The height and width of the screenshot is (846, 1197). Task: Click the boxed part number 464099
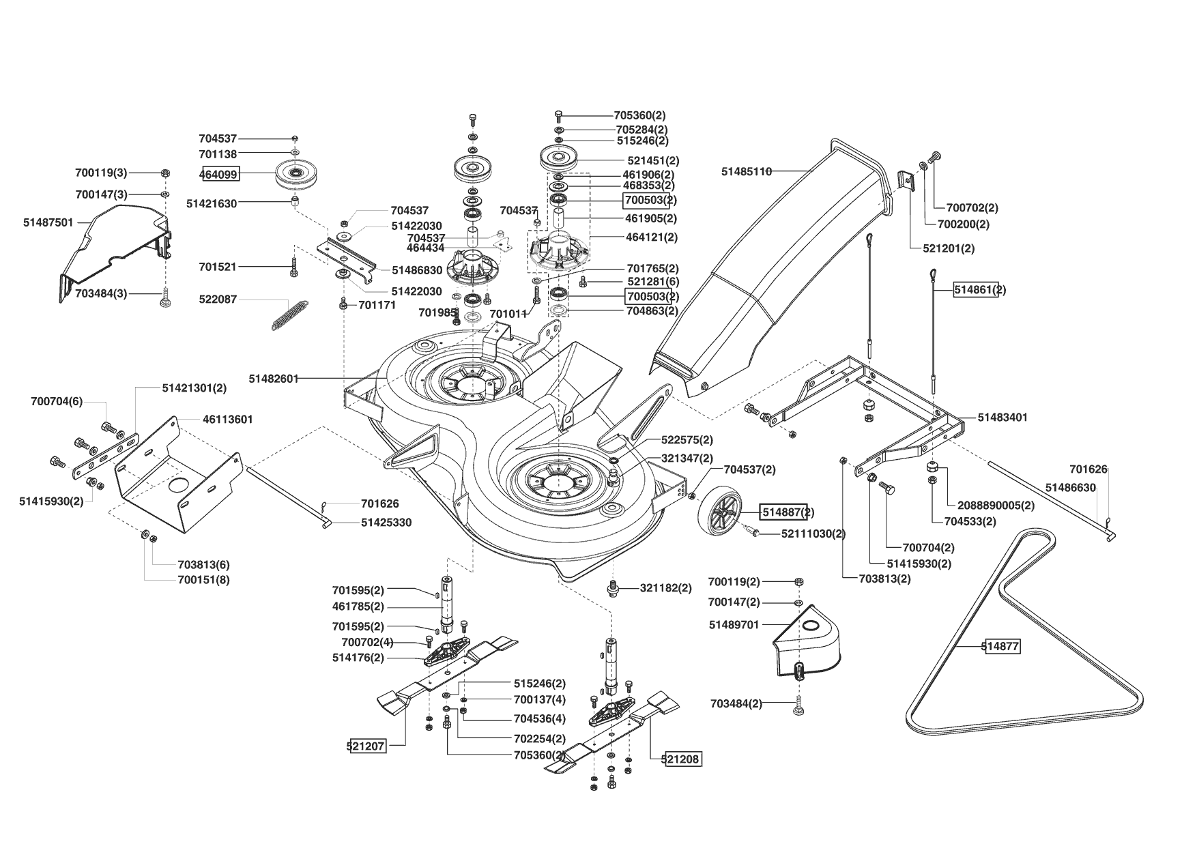tap(219, 175)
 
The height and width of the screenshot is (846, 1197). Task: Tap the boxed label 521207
tap(366, 746)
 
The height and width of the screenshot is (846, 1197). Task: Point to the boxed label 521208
tap(681, 759)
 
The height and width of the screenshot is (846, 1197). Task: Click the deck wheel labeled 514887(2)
tap(721, 512)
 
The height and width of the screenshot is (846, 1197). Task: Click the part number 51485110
tap(747, 172)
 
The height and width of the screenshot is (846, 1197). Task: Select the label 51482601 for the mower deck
tap(274, 378)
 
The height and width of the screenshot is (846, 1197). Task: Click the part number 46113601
tap(228, 420)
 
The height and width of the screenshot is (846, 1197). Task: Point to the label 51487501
tap(48, 222)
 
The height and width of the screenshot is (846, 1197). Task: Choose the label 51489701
tap(734, 625)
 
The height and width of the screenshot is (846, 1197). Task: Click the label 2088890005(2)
tap(996, 506)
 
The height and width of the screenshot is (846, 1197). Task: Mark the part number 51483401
tap(1003, 417)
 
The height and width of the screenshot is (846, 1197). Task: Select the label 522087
tap(218, 300)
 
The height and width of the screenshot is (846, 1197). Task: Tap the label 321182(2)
tap(665, 588)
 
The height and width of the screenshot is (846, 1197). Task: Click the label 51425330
tap(386, 523)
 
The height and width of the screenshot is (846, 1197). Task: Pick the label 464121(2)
tap(652, 237)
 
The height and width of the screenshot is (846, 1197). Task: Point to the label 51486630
tap(1071, 488)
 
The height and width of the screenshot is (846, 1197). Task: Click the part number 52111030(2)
tap(813, 534)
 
